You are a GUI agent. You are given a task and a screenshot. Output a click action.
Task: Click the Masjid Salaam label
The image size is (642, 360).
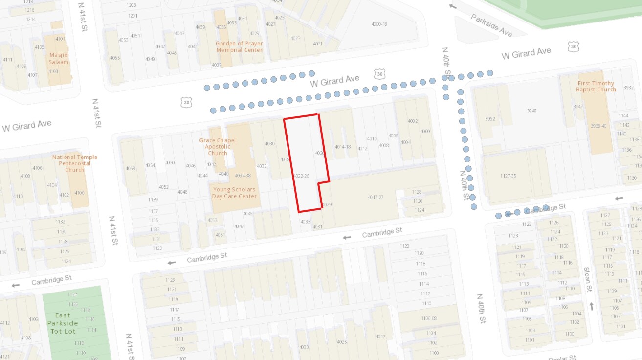pos(59,58)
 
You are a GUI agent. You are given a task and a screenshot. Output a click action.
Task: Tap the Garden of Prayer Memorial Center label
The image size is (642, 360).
pos(239,46)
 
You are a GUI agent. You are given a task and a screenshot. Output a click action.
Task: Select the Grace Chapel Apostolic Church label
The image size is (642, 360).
pos(217,147)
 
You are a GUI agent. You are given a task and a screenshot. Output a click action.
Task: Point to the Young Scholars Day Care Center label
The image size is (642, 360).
pos(234,193)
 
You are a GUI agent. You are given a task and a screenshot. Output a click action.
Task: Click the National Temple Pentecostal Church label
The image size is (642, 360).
pos(75,163)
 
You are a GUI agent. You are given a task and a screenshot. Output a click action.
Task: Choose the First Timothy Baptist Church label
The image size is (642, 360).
pos(596,86)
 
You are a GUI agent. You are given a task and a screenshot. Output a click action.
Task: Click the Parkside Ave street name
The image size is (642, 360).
pos(491,25)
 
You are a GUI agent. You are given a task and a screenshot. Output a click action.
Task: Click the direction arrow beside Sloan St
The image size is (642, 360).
pos(592,306)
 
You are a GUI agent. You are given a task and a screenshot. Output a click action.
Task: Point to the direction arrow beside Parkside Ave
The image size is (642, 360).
pos(453,6)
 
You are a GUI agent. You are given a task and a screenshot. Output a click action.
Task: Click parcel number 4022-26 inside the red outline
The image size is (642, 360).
pos(301,176)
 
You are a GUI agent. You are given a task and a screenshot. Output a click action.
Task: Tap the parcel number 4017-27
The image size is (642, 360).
pos(376,197)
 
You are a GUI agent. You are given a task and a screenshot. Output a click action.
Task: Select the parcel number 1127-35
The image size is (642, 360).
pos(508,176)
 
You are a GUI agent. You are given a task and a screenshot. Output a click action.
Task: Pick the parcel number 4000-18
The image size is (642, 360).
pos(379,24)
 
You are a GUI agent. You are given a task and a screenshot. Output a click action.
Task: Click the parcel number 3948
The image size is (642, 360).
pos(531,111)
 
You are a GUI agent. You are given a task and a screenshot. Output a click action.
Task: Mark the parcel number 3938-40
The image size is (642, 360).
pos(598,126)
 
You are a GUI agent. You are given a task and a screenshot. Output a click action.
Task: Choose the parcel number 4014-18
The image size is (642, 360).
pos(343,146)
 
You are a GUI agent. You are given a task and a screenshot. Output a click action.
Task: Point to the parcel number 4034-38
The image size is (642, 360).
pos(243,175)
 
